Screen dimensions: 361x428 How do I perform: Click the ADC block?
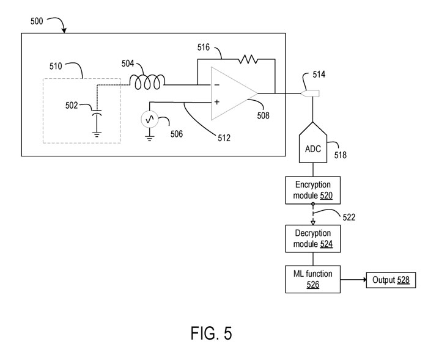(312, 147)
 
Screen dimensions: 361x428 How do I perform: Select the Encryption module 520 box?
(313, 189)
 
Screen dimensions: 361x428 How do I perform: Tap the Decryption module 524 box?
(313, 239)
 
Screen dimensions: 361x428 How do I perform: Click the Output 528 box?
(389, 280)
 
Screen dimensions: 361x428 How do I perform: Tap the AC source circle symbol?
(150, 119)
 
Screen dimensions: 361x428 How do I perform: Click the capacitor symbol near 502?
(96, 114)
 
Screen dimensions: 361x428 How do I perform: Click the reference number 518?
(340, 155)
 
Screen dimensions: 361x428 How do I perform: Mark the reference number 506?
(176, 133)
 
